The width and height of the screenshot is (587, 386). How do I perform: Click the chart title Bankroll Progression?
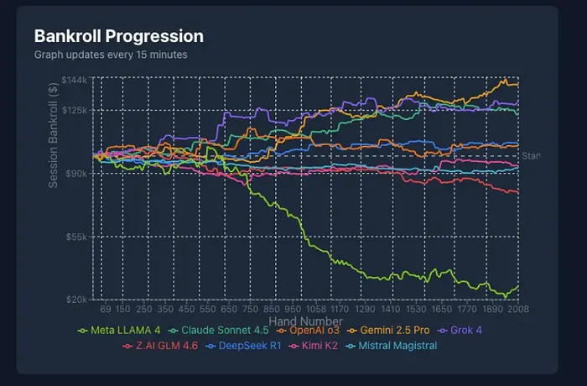click(x=118, y=36)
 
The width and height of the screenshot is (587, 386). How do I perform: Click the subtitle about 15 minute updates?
click(x=111, y=55)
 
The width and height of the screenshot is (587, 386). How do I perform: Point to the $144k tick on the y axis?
click(x=75, y=80)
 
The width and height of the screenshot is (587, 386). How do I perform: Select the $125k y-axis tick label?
click(x=75, y=110)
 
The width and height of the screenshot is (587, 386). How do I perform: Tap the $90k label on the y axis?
click(x=77, y=173)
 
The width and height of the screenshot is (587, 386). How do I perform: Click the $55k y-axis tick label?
click(x=77, y=237)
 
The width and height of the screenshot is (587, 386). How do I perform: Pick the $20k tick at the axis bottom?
click(x=77, y=300)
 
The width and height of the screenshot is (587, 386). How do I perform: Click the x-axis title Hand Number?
click(x=305, y=321)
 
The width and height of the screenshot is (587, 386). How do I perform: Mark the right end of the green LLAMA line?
click(x=518, y=287)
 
